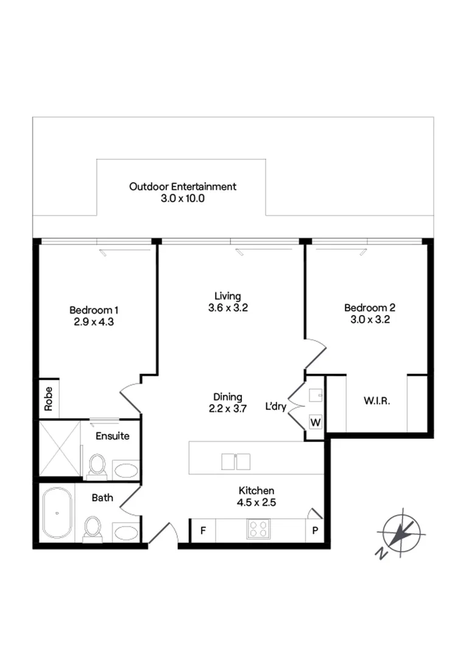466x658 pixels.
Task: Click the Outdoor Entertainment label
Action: point(183,186)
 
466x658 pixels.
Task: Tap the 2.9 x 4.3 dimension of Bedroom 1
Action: point(92,321)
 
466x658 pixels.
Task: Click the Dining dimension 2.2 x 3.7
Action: point(228,409)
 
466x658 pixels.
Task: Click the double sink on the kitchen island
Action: point(236,462)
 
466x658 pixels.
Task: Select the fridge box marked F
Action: point(203,529)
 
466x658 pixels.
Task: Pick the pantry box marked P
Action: point(316,529)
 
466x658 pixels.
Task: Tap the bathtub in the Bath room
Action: point(57,513)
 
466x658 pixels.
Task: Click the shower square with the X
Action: point(60,448)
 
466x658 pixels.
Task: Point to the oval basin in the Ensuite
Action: point(127,471)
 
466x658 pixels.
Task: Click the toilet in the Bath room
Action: point(93,528)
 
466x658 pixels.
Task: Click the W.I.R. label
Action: point(376,402)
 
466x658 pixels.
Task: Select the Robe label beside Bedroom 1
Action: point(49,398)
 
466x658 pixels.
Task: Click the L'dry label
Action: point(275,406)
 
